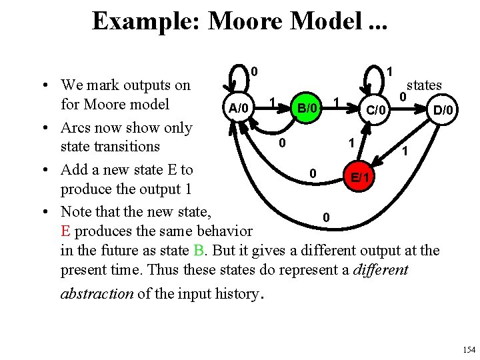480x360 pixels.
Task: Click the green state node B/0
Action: pos(307,107)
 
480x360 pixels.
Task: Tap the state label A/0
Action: pos(238,108)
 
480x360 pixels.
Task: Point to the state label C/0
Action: pos(376,109)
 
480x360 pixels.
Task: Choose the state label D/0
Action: pos(443,109)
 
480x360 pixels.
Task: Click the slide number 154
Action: pos(469,349)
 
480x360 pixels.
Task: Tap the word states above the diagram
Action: pos(424,85)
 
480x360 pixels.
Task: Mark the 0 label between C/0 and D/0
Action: pos(403,97)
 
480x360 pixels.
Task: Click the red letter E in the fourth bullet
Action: pos(65,231)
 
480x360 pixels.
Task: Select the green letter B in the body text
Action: pos(199,251)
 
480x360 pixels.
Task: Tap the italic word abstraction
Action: pos(97,293)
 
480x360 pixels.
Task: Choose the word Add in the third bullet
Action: pos(73,169)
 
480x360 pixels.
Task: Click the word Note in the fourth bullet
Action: pos(77,212)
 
